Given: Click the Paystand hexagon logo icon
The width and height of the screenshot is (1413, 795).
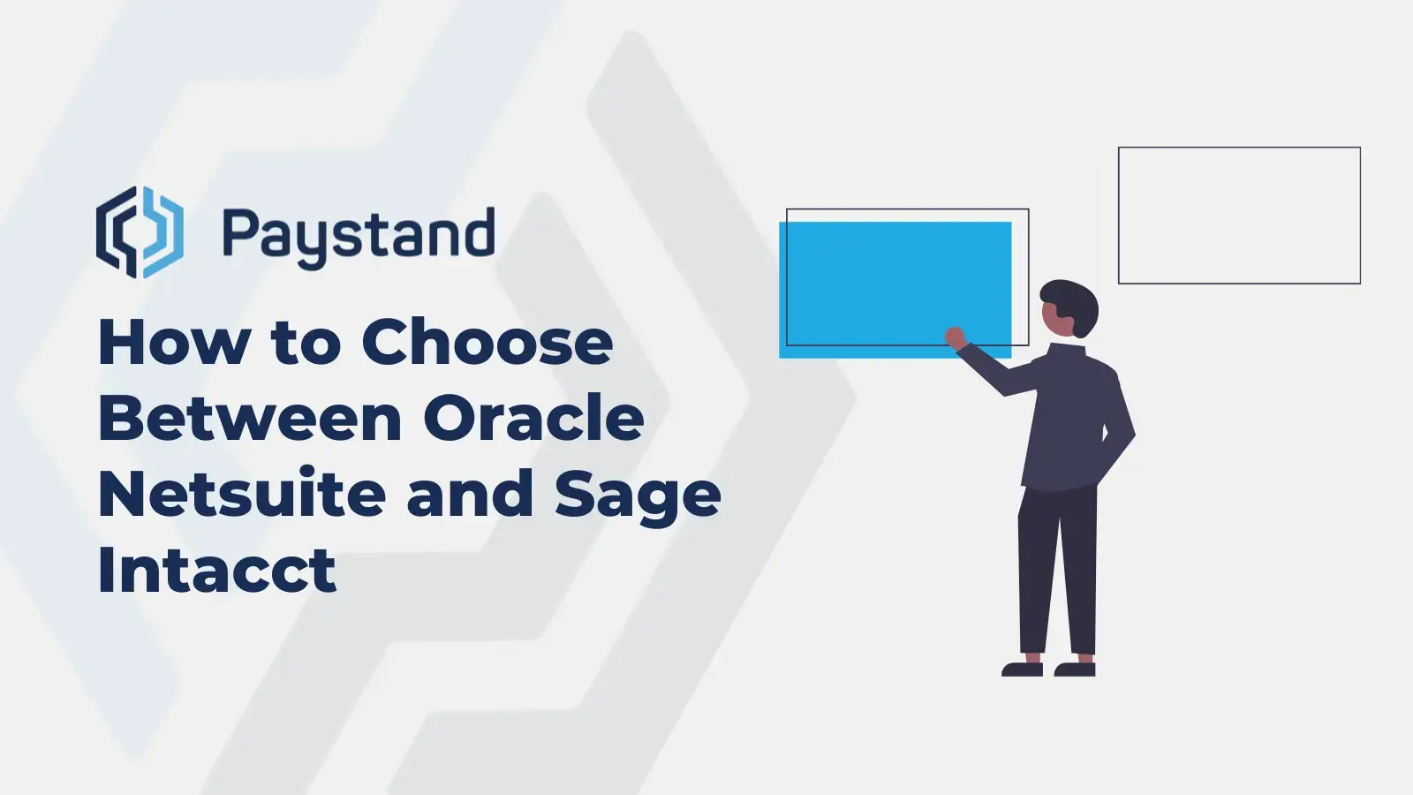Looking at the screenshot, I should point(140,232).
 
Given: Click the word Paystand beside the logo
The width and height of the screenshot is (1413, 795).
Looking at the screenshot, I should point(358,235).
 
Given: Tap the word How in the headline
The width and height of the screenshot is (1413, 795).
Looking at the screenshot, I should point(174,343).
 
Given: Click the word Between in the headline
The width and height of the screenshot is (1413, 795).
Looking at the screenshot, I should point(250,419).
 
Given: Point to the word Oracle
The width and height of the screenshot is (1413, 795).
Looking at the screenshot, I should point(533,419).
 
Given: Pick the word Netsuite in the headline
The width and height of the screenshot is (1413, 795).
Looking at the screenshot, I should point(241,495).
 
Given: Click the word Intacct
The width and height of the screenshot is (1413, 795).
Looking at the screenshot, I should point(216,571).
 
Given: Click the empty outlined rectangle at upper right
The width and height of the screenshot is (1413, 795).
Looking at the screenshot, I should point(1239,216).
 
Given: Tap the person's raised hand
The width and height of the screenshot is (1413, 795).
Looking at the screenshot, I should point(955,337).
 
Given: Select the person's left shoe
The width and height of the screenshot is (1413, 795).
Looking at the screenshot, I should point(1023,669).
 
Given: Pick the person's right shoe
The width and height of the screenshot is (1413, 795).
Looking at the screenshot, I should point(1076,669).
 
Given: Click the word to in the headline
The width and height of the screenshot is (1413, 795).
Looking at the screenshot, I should point(306,343).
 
